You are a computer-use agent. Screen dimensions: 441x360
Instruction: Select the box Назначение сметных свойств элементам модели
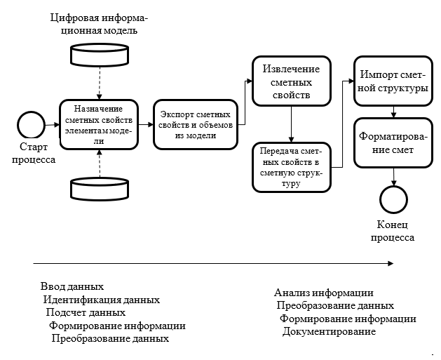99,124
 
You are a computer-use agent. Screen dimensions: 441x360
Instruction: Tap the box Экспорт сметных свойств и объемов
196,124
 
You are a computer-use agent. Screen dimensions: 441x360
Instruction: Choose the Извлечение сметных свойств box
292,81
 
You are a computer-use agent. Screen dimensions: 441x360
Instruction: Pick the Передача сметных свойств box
292,167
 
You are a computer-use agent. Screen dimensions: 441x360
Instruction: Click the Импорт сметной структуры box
393,81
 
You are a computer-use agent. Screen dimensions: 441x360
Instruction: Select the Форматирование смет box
393,142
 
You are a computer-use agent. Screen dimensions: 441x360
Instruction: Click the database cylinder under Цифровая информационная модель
100,55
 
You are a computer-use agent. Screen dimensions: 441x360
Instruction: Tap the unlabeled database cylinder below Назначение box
100,189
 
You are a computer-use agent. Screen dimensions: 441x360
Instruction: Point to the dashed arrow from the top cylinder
100,83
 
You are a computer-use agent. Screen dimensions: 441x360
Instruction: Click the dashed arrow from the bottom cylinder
100,164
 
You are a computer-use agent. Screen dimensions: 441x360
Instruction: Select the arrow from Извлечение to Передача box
292,124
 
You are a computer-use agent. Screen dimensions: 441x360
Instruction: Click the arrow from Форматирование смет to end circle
393,177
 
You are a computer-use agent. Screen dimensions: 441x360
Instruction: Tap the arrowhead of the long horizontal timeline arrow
391,263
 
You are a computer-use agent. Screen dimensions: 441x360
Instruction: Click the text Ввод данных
72,286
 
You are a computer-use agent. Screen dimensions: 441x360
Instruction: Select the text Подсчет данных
86,312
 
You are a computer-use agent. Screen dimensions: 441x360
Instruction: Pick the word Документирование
329,331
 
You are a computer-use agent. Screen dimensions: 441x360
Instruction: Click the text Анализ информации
324,293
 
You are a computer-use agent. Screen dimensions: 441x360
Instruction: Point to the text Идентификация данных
102,300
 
